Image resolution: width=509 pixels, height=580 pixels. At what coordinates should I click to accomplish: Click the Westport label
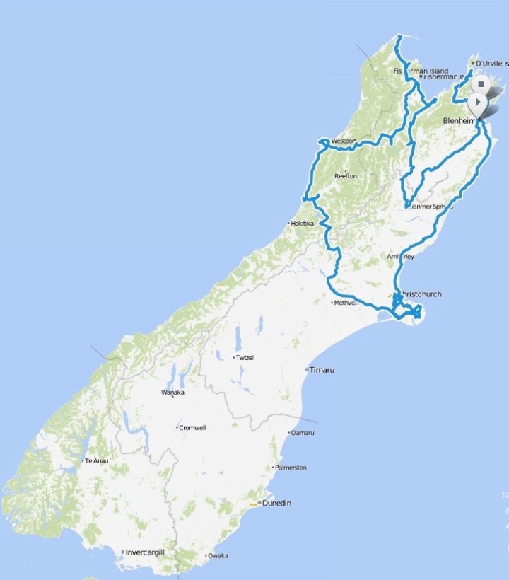pos(342,141)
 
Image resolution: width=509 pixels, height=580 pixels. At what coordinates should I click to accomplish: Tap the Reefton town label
pos(345,176)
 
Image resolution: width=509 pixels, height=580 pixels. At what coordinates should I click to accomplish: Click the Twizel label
pos(244,358)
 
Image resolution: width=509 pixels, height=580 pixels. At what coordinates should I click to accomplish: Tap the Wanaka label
pos(172,393)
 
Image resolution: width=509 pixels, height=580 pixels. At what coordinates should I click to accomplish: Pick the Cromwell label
pos(191,428)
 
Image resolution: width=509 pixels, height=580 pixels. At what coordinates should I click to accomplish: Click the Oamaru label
pos(303,433)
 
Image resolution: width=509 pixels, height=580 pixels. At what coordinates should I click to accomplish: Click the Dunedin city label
pos(276,504)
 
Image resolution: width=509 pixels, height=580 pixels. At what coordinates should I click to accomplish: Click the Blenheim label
pos(457,121)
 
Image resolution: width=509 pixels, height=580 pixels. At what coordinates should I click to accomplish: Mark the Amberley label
pos(400,257)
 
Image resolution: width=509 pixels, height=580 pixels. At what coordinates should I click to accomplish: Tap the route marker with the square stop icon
pos(480,84)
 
